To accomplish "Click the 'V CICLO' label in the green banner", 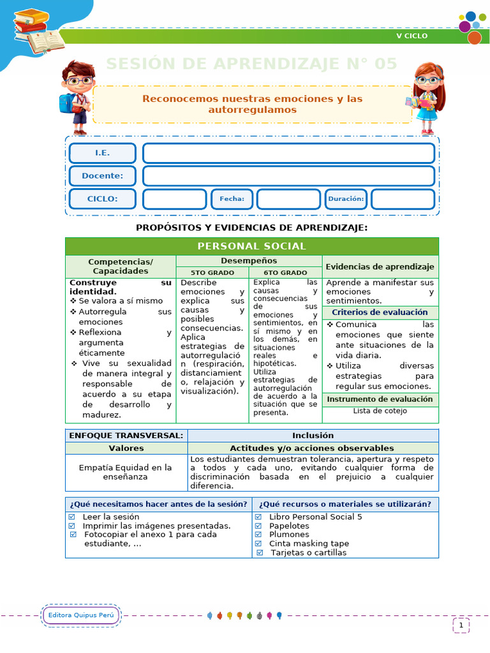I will point(412,36).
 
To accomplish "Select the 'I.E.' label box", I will point(102,153).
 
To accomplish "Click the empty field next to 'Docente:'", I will point(288,176).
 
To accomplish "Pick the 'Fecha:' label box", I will point(232,199).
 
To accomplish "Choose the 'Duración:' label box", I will point(346,199).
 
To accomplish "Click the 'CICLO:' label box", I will point(102,199).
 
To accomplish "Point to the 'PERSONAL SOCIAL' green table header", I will point(251,246).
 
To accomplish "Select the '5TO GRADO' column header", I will point(212,272).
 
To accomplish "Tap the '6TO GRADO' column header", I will point(285,272).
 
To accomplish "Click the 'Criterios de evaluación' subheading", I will point(380,312).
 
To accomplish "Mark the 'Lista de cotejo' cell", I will point(380,411).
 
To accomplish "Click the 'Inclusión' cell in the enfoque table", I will point(313,436).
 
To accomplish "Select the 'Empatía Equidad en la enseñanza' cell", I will point(126,472).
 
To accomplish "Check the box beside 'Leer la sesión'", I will point(72,517).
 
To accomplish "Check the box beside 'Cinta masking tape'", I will point(258,544).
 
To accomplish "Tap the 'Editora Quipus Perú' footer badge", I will point(81,615).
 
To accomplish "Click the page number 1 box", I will point(461,626).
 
